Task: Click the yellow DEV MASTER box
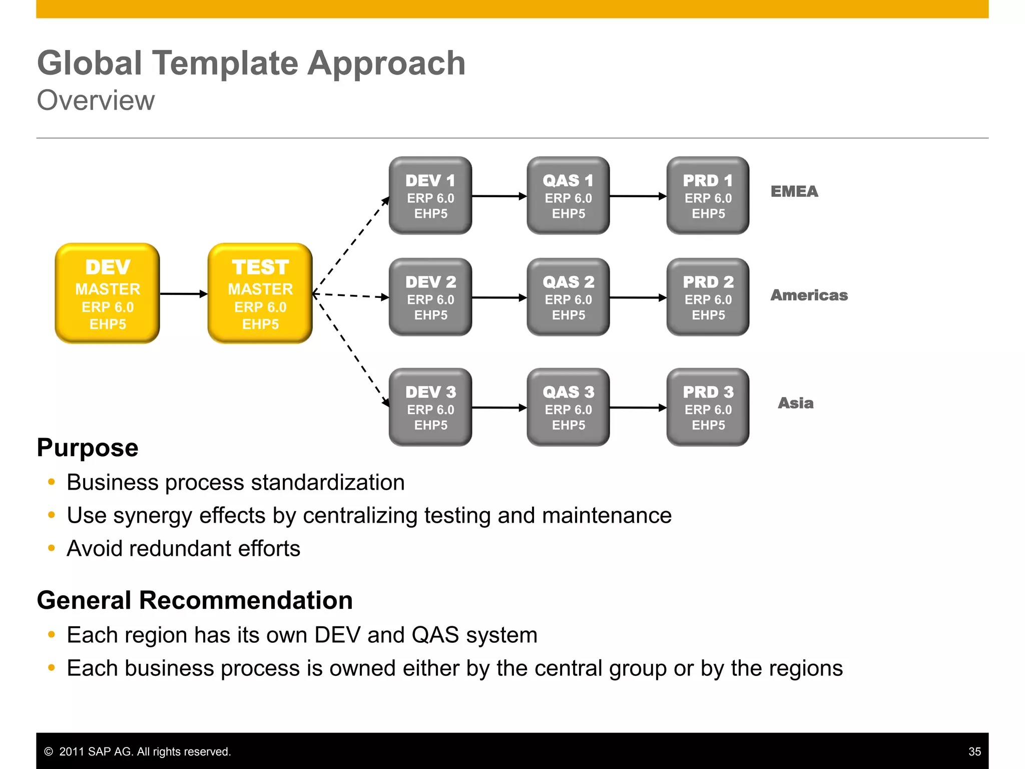[107, 293]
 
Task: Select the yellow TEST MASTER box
[260, 293]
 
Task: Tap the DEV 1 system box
[430, 196]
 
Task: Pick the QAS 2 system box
[568, 297]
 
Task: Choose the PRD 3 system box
[708, 407]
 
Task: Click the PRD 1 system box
[708, 196]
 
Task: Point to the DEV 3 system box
[430, 407]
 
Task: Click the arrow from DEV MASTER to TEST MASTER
[183, 294]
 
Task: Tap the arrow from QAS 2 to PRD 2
[638, 298]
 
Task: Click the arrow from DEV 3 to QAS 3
[499, 408]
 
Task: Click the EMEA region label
[794, 191]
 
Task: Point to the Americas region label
[809, 295]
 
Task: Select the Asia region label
[795, 403]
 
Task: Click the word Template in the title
[225, 64]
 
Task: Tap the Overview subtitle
[96, 100]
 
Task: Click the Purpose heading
[88, 447]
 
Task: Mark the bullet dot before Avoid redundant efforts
[51, 548]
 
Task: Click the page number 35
[974, 751]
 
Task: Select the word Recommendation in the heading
[246, 600]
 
